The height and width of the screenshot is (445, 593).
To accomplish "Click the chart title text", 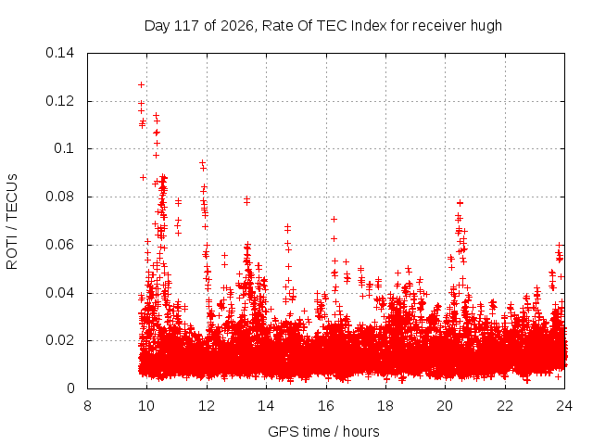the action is click(323, 26).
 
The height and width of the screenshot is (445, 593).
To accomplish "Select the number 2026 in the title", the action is click(237, 26).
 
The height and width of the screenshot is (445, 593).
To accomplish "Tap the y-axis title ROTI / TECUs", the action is click(12, 222).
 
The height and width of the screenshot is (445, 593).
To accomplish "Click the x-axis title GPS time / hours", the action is click(323, 431).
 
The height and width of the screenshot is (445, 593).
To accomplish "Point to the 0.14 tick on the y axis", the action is click(59, 53).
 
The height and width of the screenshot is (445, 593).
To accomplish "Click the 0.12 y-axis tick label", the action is click(59, 101).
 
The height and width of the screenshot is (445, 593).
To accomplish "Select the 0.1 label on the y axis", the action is click(64, 148).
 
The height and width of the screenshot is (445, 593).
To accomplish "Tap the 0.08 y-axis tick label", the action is click(59, 197).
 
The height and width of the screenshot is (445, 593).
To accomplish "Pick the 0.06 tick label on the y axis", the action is click(59, 245).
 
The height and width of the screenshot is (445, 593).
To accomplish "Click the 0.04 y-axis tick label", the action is click(59, 293).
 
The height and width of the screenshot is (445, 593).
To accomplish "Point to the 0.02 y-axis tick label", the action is click(59, 340).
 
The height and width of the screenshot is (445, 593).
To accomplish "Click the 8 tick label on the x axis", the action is click(87, 406).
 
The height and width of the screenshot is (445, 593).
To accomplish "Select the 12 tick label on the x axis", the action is click(207, 406).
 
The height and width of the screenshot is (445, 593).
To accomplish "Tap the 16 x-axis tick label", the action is click(326, 406).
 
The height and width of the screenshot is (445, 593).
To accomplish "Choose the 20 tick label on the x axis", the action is click(445, 406).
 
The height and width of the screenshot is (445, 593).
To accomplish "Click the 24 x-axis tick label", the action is click(564, 406).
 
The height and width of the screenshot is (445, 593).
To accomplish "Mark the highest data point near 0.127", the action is click(141, 84).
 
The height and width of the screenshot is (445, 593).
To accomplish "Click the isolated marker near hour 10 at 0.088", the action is click(143, 177).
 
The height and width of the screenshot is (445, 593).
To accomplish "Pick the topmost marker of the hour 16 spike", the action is click(334, 219).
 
